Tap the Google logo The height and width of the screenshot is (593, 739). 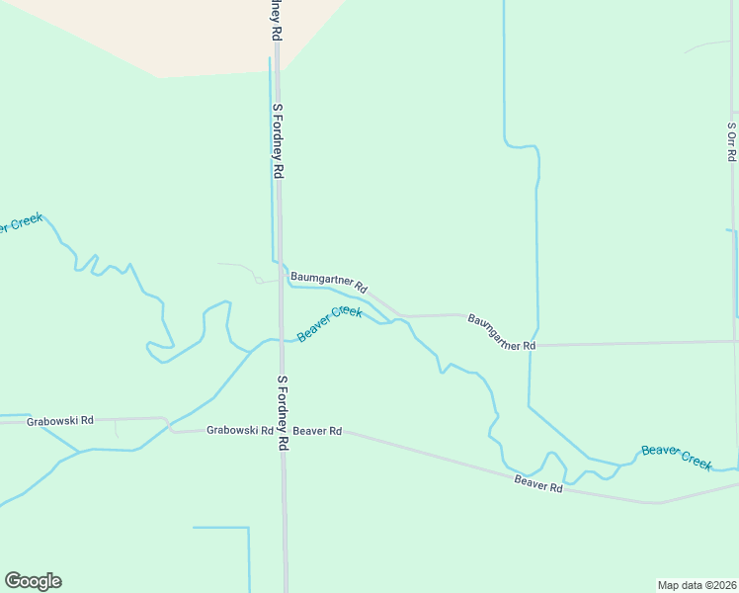coord(33,581)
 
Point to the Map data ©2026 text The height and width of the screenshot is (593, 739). coord(697,584)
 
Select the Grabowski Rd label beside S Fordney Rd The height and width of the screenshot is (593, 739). coord(240,430)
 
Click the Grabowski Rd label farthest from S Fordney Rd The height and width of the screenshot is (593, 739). coord(59,420)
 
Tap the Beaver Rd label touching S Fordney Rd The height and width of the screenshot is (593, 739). coord(317,431)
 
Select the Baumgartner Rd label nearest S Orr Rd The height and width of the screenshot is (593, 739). coord(501,333)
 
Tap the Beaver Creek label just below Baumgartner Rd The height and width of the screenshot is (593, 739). coord(330,324)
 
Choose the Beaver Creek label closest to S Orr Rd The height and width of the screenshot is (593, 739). coord(677,457)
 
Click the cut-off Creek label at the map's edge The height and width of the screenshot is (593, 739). coord(20,224)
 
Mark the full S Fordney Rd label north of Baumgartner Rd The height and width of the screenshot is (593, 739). coord(279,140)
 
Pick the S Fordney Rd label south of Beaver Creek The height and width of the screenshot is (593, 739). coord(282,412)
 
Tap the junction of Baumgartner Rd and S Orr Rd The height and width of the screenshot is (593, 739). coord(736,341)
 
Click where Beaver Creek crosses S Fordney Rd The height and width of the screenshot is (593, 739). coord(281,341)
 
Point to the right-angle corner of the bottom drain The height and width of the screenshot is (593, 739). coord(249,528)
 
